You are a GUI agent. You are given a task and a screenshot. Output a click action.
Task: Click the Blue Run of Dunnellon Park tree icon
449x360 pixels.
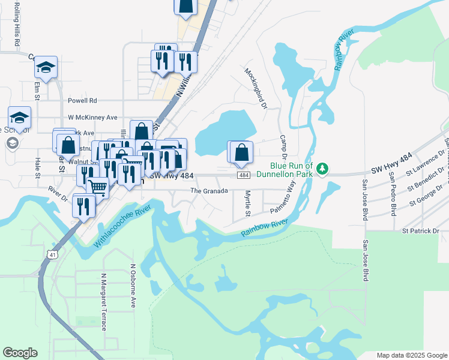click(x=322, y=168)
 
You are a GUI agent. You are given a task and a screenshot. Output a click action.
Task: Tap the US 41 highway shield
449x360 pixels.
click(x=54, y=256)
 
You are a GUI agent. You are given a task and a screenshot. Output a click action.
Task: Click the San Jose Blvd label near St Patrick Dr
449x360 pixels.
click(x=365, y=261)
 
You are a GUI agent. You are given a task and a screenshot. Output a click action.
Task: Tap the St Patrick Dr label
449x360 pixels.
click(x=420, y=230)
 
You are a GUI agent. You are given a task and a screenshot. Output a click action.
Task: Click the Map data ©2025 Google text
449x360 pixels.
click(x=412, y=355)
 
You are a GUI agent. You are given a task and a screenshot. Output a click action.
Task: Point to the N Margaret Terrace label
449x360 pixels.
click(x=103, y=302)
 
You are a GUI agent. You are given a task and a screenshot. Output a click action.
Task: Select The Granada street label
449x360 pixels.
click(x=209, y=191)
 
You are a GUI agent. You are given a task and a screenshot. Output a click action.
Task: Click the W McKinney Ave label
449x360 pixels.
click(x=92, y=118)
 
